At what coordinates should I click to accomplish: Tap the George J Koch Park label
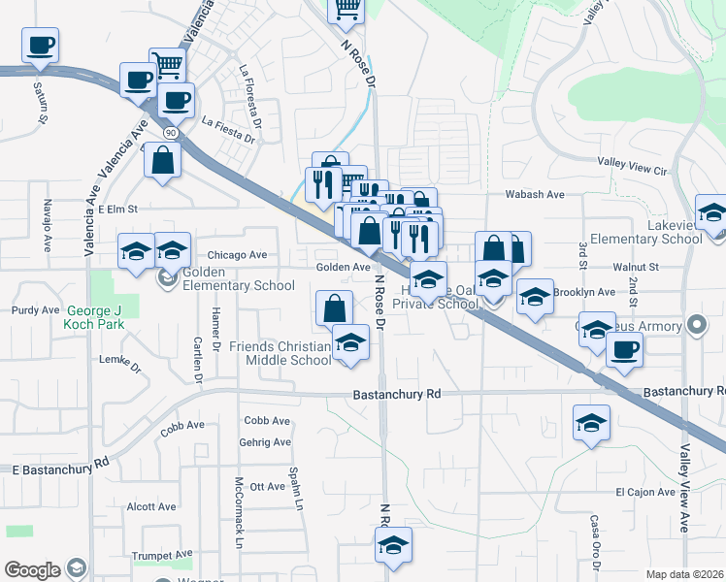coord(95,318)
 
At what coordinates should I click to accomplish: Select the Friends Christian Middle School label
coord(280,353)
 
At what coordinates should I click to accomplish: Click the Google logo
coord(32,570)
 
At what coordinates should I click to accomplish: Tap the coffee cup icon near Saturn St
coord(40,47)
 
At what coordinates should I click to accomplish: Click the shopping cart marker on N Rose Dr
coord(346,10)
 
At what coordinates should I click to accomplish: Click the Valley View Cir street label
coord(633,170)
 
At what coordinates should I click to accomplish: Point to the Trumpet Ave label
coord(165,556)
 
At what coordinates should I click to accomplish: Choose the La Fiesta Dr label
coord(228,129)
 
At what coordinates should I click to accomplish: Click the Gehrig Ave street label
coord(264,442)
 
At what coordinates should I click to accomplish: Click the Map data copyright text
coord(685,574)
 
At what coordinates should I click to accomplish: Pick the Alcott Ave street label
coord(151,506)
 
